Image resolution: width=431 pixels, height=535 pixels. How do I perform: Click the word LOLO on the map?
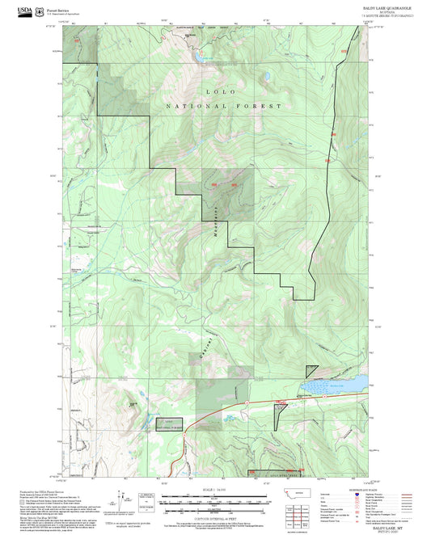(x=216, y=92)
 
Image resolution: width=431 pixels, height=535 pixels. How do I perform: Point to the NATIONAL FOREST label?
(x=224, y=106)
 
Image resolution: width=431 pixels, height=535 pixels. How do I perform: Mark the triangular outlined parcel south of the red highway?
(x=280, y=415)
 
